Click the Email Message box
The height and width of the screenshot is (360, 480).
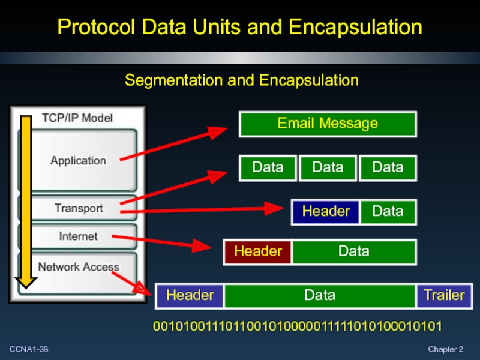[328, 124]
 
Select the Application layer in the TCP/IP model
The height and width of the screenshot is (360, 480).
[78, 160]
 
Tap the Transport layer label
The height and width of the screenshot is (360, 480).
[79, 208]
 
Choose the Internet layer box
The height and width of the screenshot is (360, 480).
[78, 236]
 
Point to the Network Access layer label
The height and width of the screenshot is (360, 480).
[79, 267]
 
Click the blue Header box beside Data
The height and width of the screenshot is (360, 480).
[326, 211]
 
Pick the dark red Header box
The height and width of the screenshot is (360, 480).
[258, 251]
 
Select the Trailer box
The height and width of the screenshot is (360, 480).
[444, 295]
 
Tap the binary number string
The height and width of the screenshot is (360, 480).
[298, 327]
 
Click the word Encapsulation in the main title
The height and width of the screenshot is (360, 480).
[355, 27]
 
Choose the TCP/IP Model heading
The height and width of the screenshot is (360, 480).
[77, 118]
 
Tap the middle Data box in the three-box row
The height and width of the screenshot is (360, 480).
[328, 167]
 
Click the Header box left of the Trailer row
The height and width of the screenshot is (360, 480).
[190, 295]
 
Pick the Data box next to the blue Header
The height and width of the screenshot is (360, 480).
[388, 211]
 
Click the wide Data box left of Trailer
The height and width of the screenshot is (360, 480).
[320, 295]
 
